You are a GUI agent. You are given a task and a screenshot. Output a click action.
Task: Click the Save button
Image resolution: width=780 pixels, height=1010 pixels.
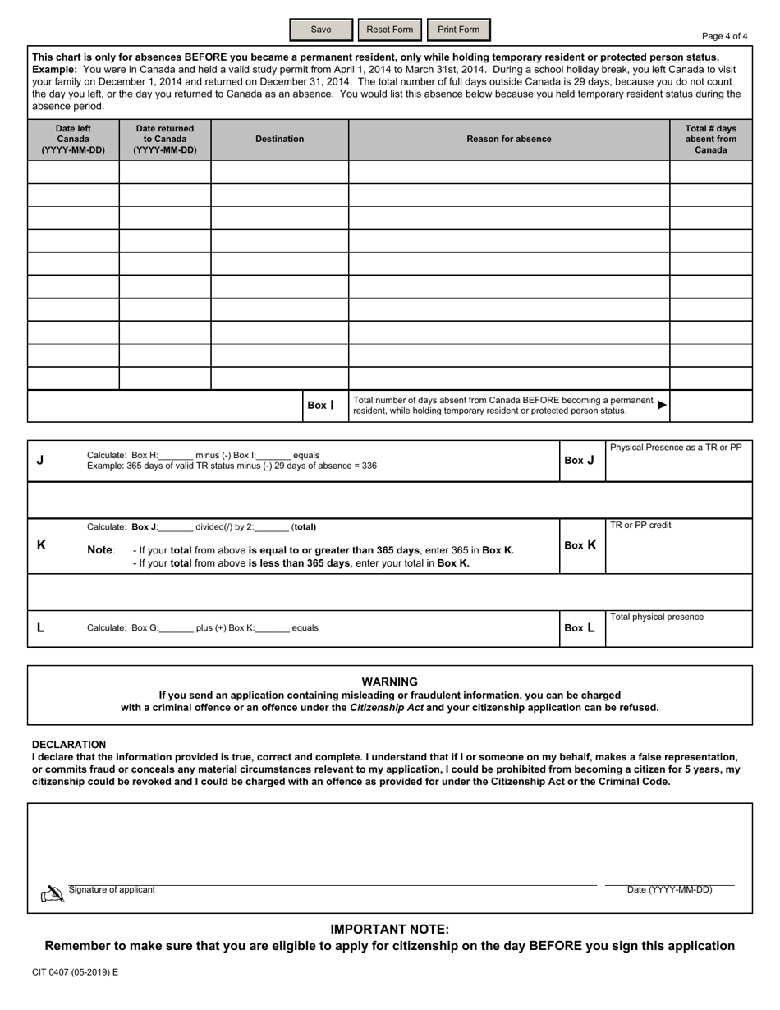click(x=321, y=30)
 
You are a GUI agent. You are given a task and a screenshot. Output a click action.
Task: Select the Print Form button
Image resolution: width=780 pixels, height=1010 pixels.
click(x=458, y=30)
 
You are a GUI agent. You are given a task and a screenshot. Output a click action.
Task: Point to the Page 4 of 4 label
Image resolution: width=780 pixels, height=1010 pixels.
click(x=724, y=36)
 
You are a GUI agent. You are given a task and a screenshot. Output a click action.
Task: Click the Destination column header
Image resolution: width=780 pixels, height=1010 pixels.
click(x=279, y=140)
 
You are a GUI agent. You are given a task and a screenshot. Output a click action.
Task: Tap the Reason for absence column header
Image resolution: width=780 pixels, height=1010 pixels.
click(x=509, y=140)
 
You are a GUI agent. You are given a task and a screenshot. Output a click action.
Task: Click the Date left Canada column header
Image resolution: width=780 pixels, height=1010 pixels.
click(x=73, y=140)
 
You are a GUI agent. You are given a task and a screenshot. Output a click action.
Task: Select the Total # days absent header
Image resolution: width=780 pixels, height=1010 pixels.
click(x=710, y=140)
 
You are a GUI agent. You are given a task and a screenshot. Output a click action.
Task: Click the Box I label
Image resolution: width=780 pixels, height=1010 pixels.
click(x=320, y=405)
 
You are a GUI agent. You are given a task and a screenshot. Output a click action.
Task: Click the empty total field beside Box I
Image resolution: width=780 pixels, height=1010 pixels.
click(x=711, y=406)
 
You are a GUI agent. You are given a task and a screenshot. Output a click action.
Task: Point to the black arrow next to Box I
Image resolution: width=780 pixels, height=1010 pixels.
click(x=663, y=405)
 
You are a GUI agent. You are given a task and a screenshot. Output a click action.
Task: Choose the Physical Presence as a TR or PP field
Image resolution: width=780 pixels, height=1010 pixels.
click(x=679, y=466)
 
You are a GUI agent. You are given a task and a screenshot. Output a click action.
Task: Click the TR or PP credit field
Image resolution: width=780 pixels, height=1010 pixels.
click(x=679, y=550)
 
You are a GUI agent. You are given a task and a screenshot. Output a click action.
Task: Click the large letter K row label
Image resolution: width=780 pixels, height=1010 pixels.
click(x=41, y=544)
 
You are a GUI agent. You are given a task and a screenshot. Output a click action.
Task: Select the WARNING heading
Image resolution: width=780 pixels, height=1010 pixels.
click(x=390, y=682)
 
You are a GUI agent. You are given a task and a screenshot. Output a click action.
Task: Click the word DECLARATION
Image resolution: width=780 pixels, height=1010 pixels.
click(x=69, y=745)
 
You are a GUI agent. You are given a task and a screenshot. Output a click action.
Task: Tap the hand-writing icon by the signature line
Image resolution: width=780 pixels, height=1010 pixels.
click(x=53, y=894)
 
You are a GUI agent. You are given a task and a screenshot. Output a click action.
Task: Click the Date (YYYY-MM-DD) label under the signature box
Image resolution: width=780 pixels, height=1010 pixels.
click(x=669, y=889)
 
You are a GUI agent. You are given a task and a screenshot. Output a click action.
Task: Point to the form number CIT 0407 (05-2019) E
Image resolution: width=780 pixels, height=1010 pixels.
click(x=75, y=972)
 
